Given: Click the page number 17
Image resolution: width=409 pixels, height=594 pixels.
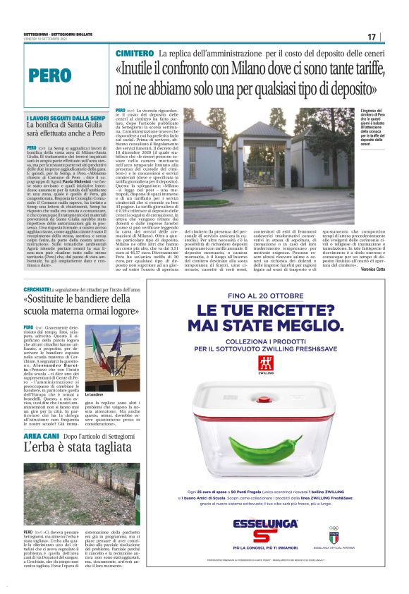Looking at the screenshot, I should (x=372, y=37).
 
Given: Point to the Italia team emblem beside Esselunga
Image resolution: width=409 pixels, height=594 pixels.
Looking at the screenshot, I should (x=334, y=531).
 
